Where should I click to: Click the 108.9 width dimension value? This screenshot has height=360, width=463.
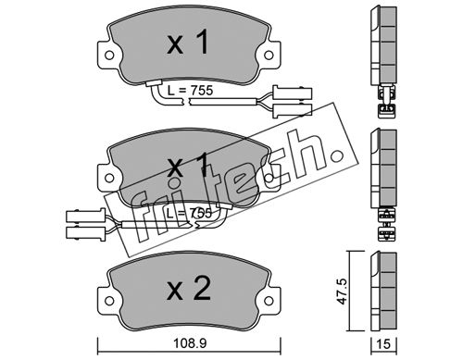click(189, 343)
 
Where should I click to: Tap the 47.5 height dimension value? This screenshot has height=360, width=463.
click(343, 291)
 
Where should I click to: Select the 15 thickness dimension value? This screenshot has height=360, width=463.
click(383, 343)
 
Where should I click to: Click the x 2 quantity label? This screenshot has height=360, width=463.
click(189, 289)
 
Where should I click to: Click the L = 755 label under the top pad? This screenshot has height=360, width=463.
click(190, 91)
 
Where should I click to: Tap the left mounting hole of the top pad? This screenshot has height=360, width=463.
click(109, 56)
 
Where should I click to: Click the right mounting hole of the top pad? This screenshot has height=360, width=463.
click(269, 56)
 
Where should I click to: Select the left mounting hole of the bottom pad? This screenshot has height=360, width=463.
click(109, 301)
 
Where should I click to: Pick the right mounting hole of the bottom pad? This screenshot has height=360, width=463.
click(269, 301)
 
